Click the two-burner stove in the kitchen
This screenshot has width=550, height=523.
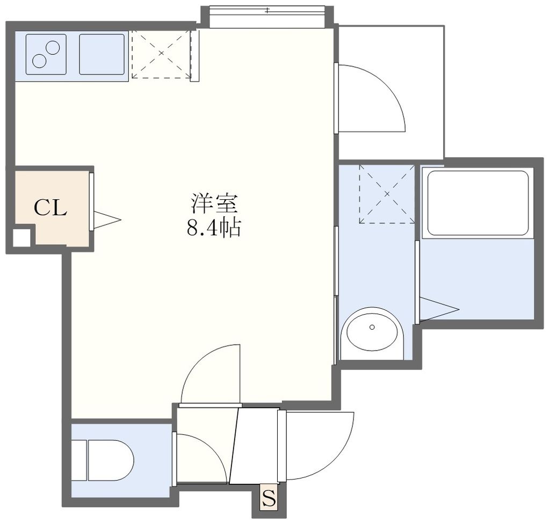coord(46,54)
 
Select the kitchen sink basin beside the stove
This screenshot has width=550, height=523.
coord(102,54)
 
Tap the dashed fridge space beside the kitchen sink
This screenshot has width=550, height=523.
coord(161,54)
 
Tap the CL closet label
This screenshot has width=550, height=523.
coord(50,208)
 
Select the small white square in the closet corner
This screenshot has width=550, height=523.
coord(21,237)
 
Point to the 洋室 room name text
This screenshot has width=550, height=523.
coord(213,204)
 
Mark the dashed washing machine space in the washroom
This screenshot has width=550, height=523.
coord(387,194)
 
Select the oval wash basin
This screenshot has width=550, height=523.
coord(372,329)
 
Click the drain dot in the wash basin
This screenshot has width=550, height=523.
coord(372,326)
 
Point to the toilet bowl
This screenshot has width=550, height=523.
coord(107,460)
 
